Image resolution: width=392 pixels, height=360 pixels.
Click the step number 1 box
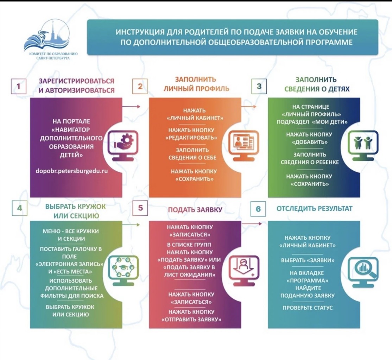[x=19, y=86]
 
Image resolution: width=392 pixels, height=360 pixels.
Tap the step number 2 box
[x=140, y=86]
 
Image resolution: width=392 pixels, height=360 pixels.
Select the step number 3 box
[x=259, y=86]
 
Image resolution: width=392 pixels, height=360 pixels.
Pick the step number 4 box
[x=19, y=208]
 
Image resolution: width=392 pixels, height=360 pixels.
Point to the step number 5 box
[x=140, y=208]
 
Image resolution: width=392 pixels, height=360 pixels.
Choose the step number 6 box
[x=258, y=209]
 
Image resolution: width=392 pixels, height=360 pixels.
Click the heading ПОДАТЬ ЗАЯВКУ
[x=195, y=210]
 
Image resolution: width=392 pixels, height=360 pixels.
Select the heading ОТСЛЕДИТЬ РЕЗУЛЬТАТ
[x=314, y=209]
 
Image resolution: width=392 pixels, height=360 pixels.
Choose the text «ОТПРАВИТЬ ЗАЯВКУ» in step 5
[x=191, y=320]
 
